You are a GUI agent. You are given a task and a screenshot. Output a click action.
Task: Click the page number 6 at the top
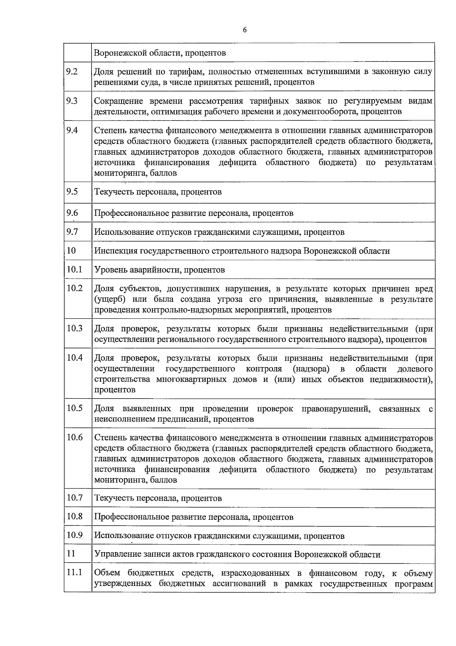(x=244, y=30)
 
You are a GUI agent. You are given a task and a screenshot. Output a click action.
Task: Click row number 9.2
(x=72, y=71)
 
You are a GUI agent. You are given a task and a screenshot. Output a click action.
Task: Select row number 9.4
(x=72, y=130)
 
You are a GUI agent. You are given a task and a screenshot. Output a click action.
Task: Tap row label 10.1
(x=74, y=269)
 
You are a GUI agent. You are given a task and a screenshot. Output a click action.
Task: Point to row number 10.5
(x=74, y=408)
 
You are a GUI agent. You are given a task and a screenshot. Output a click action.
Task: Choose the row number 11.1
(x=74, y=572)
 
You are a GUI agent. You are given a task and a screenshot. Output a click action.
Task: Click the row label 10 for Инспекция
(x=71, y=250)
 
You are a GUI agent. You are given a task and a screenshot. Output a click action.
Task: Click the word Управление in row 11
(x=117, y=554)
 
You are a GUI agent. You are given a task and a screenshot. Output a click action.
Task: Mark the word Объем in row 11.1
(x=108, y=573)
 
